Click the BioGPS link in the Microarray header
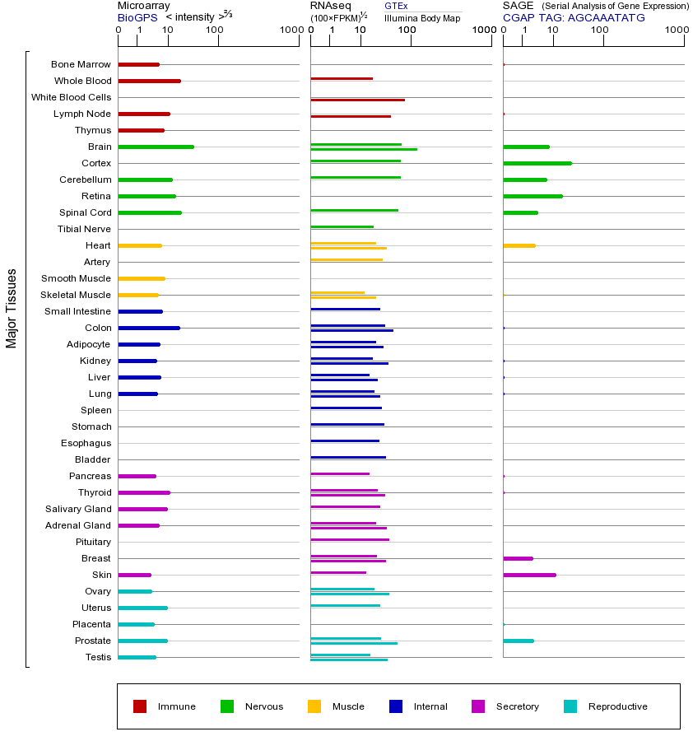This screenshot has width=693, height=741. (137, 17)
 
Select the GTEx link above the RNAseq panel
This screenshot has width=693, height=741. (396, 6)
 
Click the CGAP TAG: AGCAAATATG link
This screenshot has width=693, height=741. (574, 17)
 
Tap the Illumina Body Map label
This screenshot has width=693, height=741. (422, 17)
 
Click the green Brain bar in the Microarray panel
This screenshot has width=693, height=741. (156, 147)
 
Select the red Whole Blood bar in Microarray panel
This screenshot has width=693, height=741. (149, 81)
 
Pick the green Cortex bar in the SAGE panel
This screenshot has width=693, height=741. (537, 163)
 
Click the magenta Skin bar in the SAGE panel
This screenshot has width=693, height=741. (529, 575)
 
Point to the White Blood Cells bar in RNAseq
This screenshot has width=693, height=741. (357, 100)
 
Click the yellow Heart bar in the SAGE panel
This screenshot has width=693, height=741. (519, 245)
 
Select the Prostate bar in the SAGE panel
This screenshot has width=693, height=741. (518, 641)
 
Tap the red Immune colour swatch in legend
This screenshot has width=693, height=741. (140, 706)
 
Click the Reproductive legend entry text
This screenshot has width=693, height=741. (617, 706)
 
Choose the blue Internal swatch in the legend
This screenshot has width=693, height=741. (396, 706)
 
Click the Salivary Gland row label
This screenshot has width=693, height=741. (78, 509)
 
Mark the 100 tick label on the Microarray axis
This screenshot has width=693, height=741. (214, 31)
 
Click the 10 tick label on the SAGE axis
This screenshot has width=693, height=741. (553, 31)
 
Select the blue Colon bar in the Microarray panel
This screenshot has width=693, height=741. (149, 328)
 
